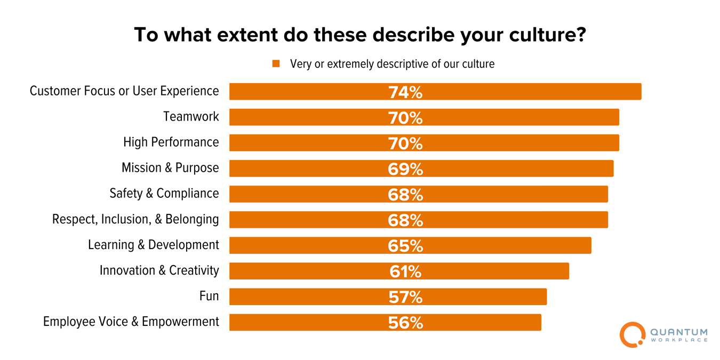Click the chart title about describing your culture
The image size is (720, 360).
[x=360, y=35]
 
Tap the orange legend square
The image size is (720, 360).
[x=276, y=63]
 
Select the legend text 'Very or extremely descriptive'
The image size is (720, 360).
[x=392, y=64]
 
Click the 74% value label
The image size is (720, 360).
[x=405, y=92]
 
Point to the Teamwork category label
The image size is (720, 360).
[x=191, y=117]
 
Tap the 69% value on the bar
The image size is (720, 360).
[x=405, y=169]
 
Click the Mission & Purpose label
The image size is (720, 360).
[x=170, y=168]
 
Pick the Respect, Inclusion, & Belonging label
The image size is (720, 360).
[x=135, y=219]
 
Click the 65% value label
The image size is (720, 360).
[x=405, y=246]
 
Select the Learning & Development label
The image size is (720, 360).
[x=154, y=245]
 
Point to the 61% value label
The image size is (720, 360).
[x=405, y=271]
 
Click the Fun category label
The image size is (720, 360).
[x=209, y=296]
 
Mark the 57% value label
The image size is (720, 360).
[x=405, y=297]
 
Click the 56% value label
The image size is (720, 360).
[x=405, y=323]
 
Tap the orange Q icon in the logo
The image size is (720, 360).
[x=632, y=334]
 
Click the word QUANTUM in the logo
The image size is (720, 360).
[x=679, y=332]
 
